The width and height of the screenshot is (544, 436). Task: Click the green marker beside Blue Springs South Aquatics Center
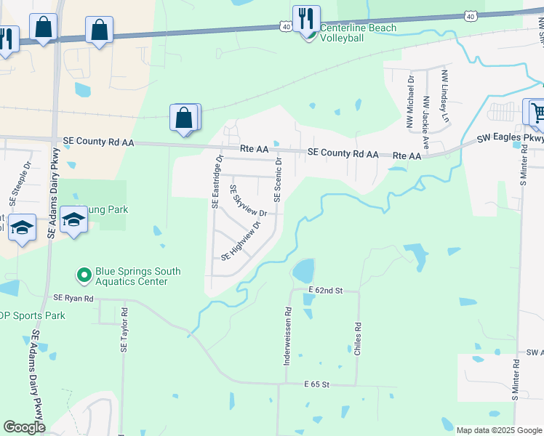84,275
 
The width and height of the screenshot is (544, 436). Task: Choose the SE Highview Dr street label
240,246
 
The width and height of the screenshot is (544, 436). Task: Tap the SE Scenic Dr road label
277,181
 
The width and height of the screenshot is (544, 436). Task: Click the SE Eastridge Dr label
216,181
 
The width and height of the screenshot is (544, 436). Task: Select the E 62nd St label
324,290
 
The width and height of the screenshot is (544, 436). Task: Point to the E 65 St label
317,383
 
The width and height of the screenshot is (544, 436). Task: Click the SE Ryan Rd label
73,298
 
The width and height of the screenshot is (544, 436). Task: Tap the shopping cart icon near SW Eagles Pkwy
536,113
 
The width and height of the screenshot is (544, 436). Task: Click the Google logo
24,427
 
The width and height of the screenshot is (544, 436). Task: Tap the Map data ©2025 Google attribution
498,430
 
